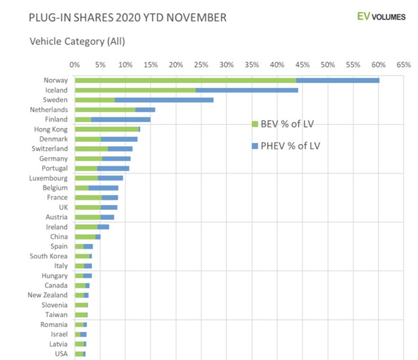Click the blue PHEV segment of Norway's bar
pos(338,80)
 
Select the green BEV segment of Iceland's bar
pos(135,90)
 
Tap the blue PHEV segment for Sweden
pos(164,100)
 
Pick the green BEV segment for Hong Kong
pos(107,129)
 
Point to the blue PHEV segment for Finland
pos(121,119)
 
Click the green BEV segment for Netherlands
pos(105,109)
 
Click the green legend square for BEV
pos(255,124)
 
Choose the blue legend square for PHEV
pos(255,145)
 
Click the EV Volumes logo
pos(381,17)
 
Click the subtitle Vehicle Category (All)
pos(77,42)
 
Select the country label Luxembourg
pos(48,178)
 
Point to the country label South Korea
pos(48,256)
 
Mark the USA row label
pos(60,353)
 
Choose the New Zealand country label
pos(48,295)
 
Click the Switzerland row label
pos(49,148)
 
